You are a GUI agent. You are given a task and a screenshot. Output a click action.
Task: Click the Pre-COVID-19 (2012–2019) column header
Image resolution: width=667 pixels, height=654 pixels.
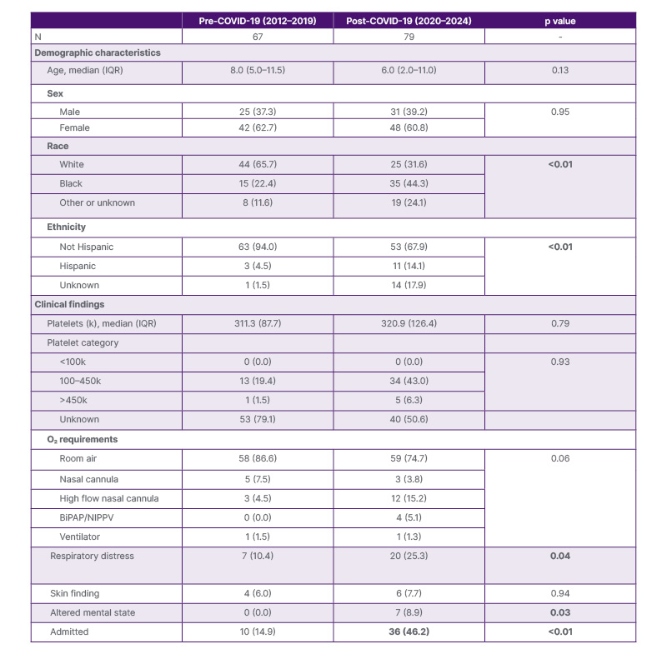coord(256,19)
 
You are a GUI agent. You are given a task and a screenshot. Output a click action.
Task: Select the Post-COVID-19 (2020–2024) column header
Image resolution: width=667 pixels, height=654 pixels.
coord(408,19)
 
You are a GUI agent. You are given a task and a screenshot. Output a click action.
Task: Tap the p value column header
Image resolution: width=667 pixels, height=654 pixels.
coord(559,19)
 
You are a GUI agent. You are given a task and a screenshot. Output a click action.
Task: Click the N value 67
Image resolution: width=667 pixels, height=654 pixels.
coord(256,36)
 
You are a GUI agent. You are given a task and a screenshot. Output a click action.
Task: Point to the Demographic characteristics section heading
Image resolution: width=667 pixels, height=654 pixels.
coord(98,52)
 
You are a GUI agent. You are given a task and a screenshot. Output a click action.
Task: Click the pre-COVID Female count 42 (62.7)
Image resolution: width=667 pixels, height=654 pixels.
coord(256,128)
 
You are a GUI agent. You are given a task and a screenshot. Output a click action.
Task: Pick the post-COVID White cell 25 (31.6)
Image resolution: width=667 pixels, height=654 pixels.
coord(408,164)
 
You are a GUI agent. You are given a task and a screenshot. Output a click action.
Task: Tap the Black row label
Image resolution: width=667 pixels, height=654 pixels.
coord(71,183)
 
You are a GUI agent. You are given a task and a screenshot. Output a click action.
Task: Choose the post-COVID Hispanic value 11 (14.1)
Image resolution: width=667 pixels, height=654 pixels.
coord(408,267)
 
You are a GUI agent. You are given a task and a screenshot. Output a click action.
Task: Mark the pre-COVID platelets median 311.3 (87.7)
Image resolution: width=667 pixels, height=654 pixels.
coord(256,323)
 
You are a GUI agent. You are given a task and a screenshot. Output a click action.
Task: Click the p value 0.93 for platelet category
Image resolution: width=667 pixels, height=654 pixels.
coord(559,362)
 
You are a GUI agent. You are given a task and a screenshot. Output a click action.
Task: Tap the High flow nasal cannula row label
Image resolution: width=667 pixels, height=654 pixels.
coord(109,499)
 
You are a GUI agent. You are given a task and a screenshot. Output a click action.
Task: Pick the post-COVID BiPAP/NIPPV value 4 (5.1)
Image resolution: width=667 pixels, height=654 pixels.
coord(408,518)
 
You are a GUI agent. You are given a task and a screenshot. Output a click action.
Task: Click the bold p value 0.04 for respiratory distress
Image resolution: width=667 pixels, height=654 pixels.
coord(559,556)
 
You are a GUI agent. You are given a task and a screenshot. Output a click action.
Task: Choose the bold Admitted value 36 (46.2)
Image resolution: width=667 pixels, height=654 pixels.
coord(408,632)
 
